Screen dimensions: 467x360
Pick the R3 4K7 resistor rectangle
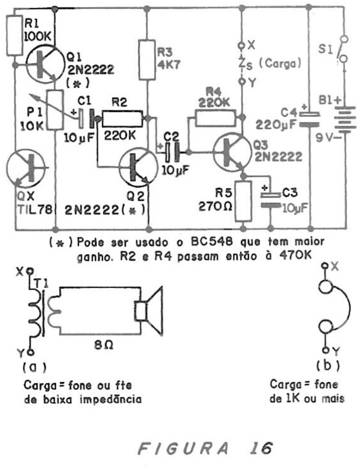(147, 60)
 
